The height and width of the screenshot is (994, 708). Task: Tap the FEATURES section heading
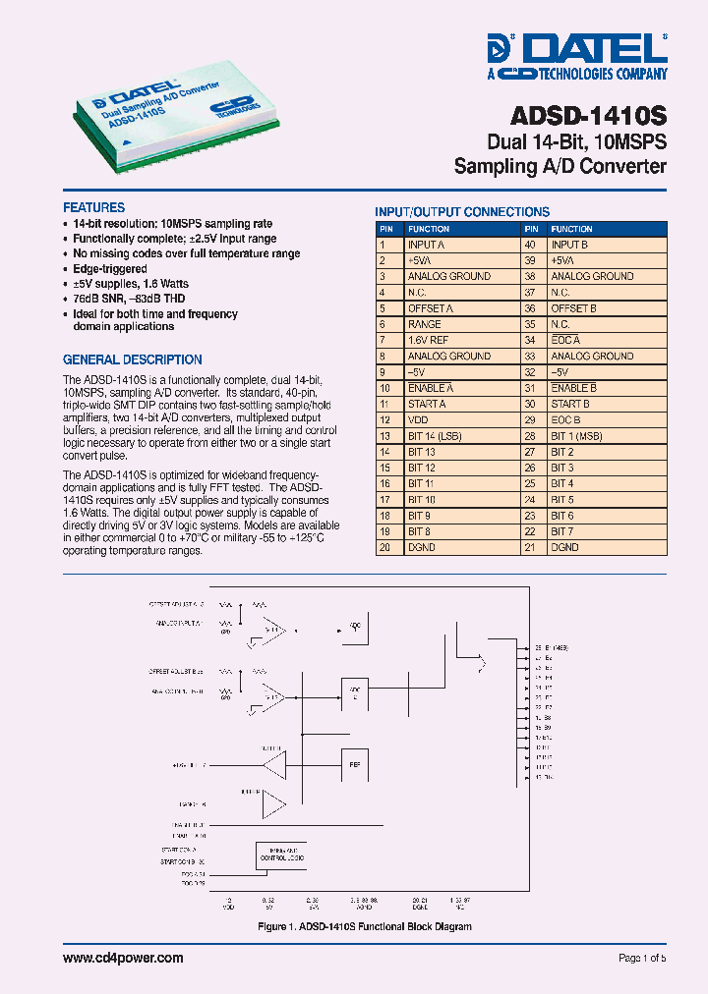pyautogui.click(x=93, y=208)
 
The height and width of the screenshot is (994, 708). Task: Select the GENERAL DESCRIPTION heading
pyautogui.click(x=132, y=359)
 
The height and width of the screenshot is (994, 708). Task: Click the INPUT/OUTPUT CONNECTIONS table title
pyautogui.click(x=462, y=212)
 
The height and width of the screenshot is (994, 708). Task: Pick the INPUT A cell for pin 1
pyautogui.click(x=427, y=245)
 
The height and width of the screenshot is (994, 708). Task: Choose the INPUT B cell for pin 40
pyautogui.click(x=569, y=245)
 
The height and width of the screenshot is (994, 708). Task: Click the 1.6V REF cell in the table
pyautogui.click(x=428, y=340)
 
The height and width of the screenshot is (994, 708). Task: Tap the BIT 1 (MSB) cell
pyautogui.click(x=576, y=436)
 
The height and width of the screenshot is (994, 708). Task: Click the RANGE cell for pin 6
pyautogui.click(x=424, y=324)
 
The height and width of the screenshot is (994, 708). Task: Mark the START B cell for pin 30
pyautogui.click(x=570, y=404)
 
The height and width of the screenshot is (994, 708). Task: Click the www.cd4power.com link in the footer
pyautogui.click(x=123, y=958)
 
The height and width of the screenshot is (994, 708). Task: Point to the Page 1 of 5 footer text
pyautogui.click(x=641, y=959)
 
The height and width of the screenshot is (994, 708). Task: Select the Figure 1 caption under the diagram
pyautogui.click(x=364, y=926)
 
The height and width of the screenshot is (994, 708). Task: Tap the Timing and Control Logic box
pyautogui.click(x=280, y=856)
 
